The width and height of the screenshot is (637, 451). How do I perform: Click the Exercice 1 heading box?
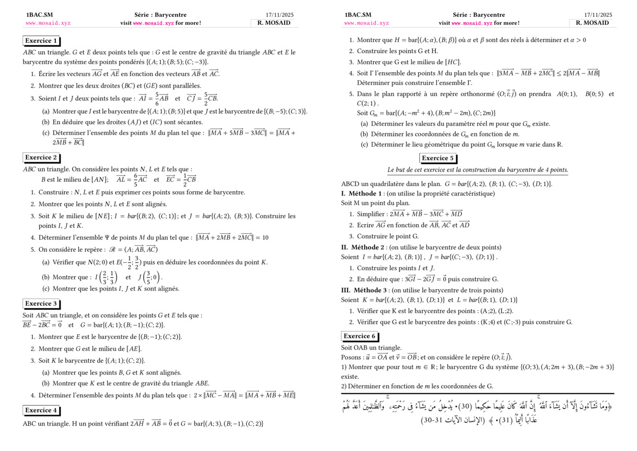pos(41,41)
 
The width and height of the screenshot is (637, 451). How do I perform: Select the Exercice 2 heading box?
pos(41,157)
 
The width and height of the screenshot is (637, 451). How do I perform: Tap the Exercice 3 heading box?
pos(41,303)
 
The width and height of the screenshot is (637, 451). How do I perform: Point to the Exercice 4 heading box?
pos(41,410)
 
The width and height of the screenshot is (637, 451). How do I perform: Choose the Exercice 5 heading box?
pos(438,158)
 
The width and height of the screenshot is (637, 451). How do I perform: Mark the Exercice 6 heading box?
pos(359,336)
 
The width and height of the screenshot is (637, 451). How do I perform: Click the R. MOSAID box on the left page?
pos(274,23)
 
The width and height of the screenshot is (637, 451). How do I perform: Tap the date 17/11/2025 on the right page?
pos(598,15)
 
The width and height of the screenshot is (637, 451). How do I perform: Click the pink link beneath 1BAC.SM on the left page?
pos(48,23)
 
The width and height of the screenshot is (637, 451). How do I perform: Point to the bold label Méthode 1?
pos(366,193)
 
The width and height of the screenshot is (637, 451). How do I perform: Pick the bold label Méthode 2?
pos(367,247)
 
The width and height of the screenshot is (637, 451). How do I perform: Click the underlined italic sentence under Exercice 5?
pos(478,170)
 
